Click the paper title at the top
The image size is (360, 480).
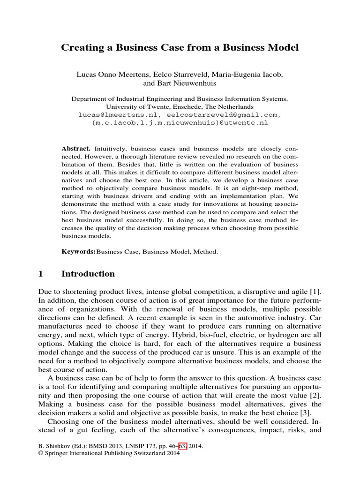click(x=180, y=48)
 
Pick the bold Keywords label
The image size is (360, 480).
click(x=78, y=252)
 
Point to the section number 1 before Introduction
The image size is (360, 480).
click(x=41, y=274)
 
